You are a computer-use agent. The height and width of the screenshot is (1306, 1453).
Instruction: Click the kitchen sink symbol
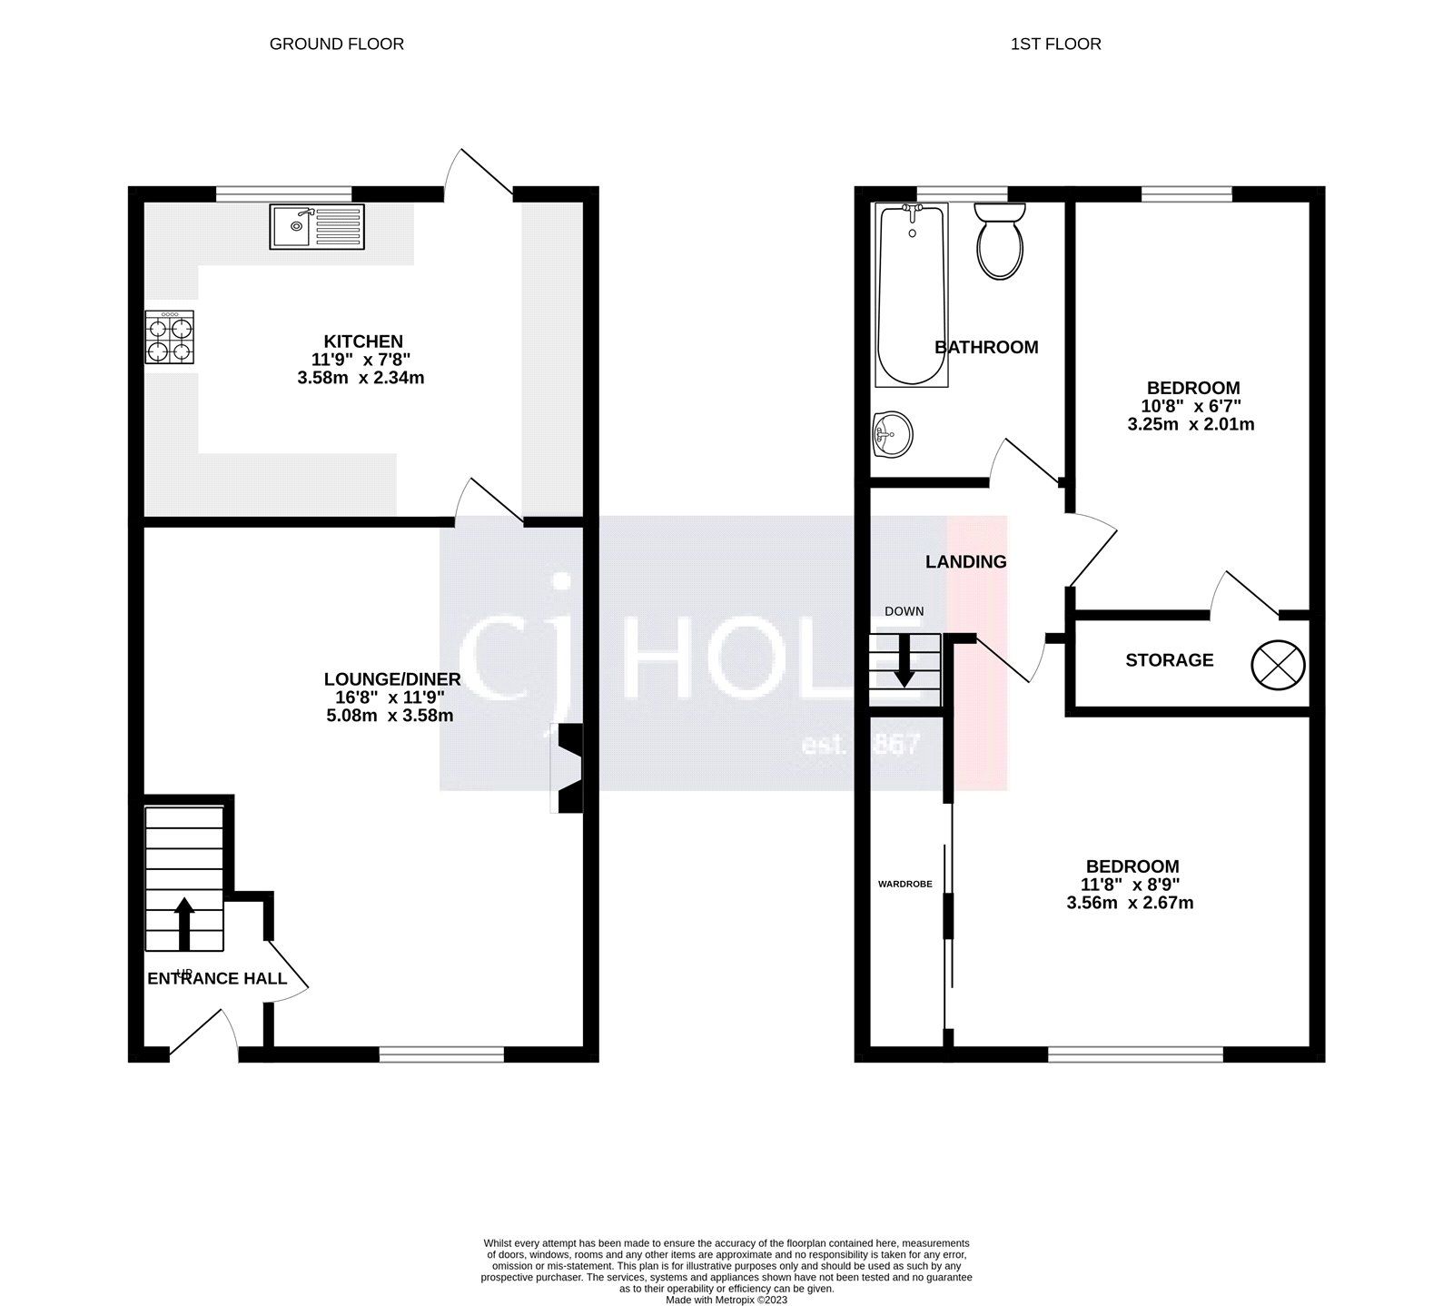[317, 226]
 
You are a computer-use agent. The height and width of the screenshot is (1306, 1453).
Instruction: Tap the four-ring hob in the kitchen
[171, 338]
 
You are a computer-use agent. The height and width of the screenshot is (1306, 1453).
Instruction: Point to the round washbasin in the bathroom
[893, 434]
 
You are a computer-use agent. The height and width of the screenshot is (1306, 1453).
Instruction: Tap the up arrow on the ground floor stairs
[184, 923]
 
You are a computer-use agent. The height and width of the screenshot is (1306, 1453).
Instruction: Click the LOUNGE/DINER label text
[392, 679]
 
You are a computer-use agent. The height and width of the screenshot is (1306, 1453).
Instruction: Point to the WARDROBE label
[905, 884]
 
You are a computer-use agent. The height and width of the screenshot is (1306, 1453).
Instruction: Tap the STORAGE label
[1169, 660]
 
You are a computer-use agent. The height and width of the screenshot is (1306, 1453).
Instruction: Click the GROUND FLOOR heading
[336, 44]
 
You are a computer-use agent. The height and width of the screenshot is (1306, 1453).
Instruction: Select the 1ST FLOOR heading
[1055, 44]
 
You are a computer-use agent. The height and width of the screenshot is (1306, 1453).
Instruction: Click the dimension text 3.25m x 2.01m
[1191, 424]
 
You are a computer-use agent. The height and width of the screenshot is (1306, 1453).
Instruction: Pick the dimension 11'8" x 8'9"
[1129, 885]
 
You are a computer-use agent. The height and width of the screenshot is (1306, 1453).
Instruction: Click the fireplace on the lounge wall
[568, 767]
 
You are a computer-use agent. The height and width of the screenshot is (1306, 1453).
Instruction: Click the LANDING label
[965, 562]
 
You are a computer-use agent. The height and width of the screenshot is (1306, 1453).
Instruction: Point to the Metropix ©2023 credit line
[726, 1300]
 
